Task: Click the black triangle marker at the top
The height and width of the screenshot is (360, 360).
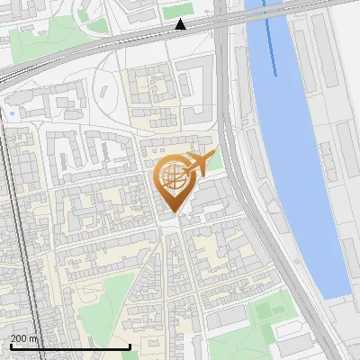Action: [x=181, y=24]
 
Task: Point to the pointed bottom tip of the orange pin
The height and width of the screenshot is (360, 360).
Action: [x=173, y=215]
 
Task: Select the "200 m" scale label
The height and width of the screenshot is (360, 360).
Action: [x=23, y=338]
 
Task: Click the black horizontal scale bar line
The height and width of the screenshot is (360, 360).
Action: [x=70, y=346]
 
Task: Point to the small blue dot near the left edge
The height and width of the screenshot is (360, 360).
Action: [x=13, y=115]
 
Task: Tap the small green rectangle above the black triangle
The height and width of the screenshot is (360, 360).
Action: [x=176, y=11]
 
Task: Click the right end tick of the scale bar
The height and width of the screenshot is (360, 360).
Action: [x=130, y=346]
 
